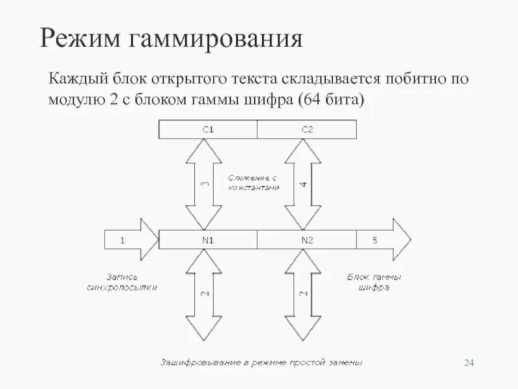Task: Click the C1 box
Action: (208, 130)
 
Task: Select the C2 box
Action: (307, 130)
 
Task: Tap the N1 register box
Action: (208, 240)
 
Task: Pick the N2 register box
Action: (307, 240)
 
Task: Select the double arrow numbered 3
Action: (204, 184)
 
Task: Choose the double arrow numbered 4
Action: (303, 184)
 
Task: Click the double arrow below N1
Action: (204, 295)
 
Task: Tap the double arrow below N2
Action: (303, 295)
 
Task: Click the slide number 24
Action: (469, 362)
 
